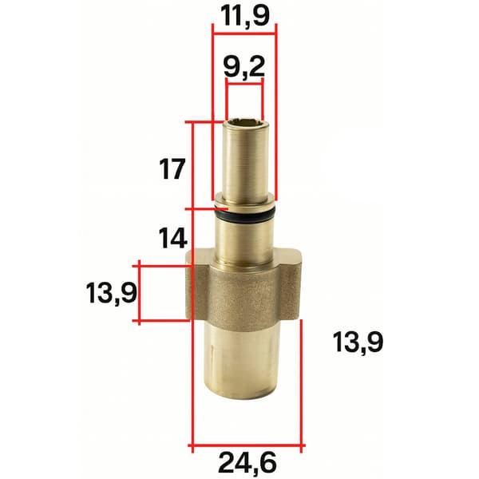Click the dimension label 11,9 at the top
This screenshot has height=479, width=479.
point(246,17)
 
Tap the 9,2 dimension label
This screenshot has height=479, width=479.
point(244,68)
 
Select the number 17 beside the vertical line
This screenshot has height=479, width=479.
point(172,169)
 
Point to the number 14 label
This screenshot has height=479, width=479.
point(173,238)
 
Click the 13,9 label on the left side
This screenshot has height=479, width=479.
point(112,293)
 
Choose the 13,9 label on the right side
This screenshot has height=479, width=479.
point(358,342)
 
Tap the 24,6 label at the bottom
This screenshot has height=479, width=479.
point(247,463)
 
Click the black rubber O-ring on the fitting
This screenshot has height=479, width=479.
point(246,216)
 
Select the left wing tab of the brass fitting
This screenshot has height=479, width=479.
point(198,284)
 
